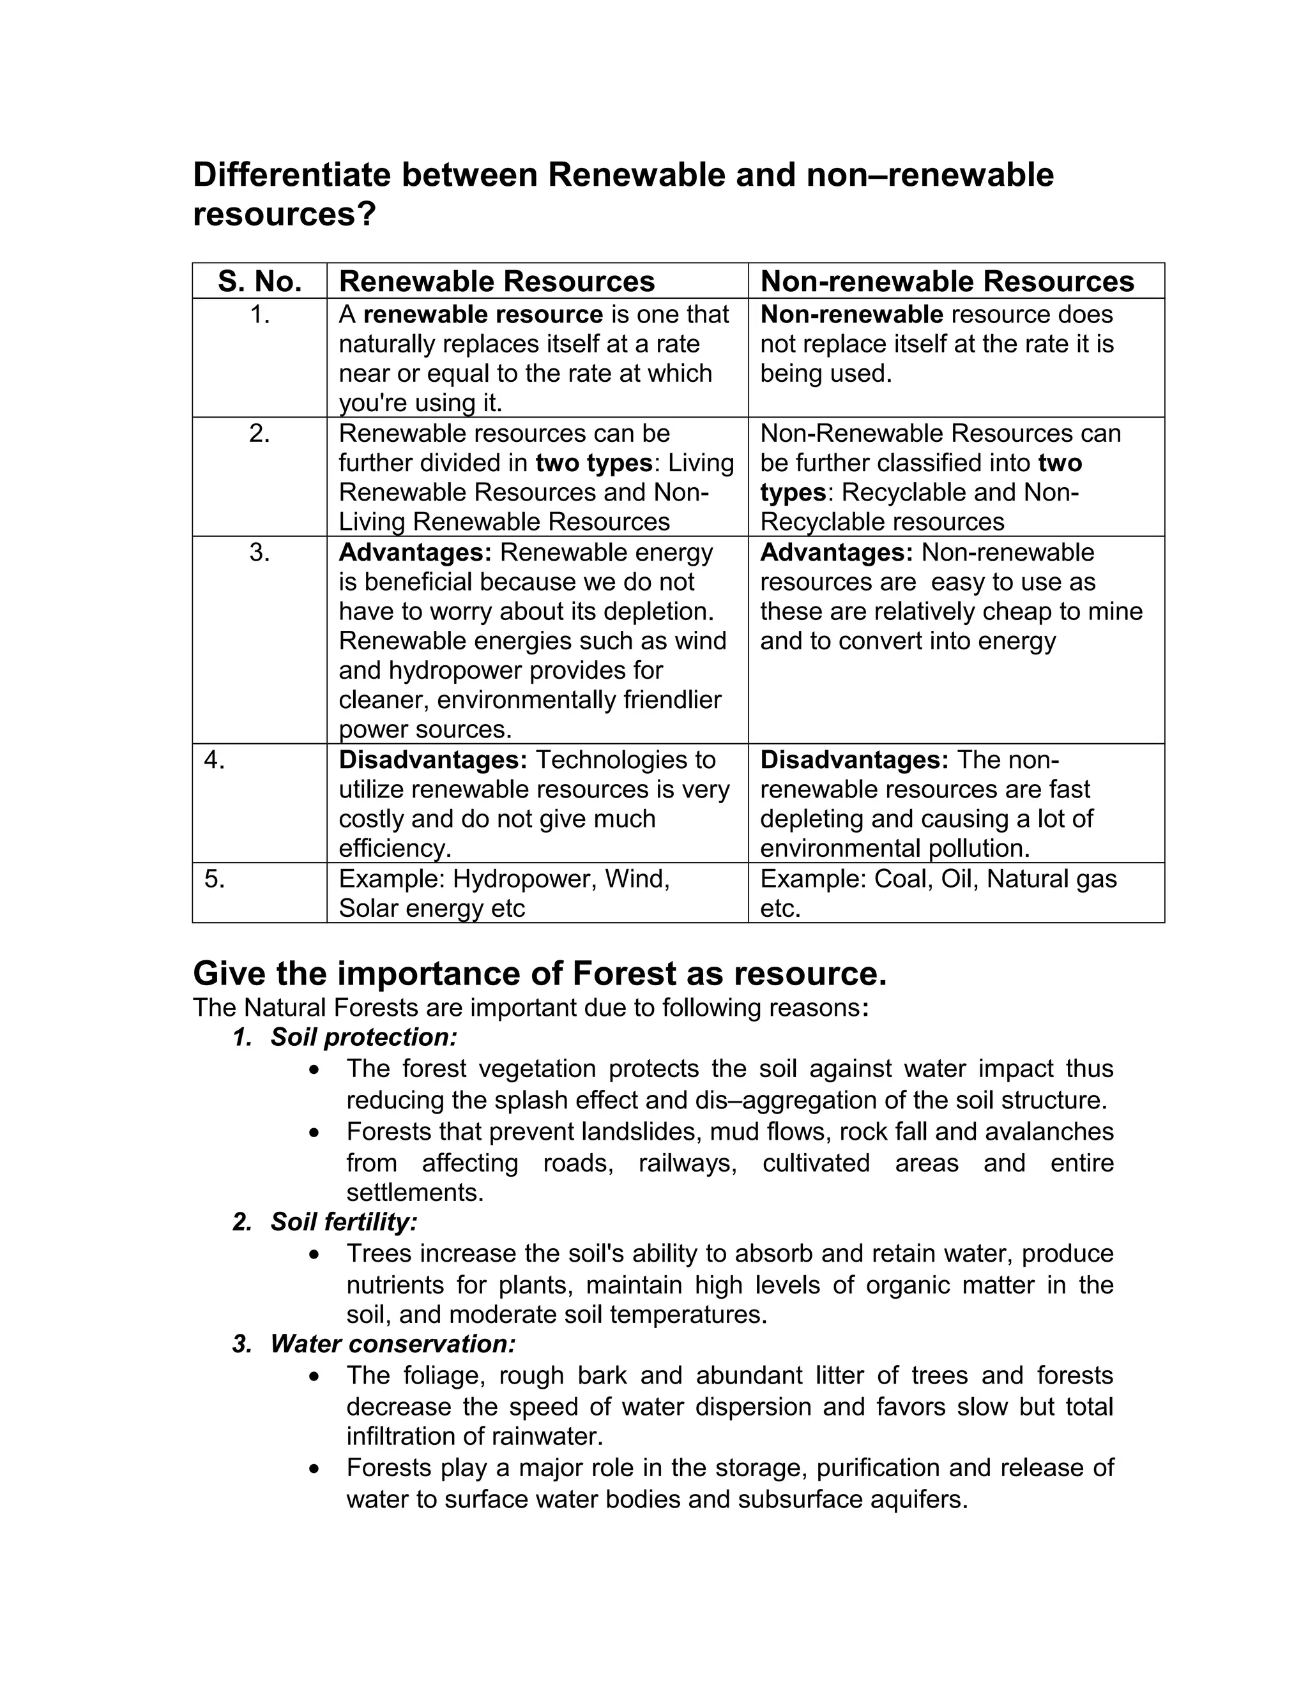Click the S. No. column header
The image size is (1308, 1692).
click(259, 281)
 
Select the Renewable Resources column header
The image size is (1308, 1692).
click(497, 281)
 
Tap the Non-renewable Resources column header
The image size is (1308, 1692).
click(947, 281)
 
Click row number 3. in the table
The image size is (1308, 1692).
click(259, 552)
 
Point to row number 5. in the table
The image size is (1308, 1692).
click(215, 879)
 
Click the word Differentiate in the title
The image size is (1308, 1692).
click(291, 175)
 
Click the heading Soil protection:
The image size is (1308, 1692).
click(363, 1038)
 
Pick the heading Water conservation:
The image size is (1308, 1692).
click(392, 1343)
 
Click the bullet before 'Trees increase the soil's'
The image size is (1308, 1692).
click(314, 1253)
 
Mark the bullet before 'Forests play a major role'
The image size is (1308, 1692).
click(314, 1468)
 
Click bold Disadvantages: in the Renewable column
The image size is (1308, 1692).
click(432, 760)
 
